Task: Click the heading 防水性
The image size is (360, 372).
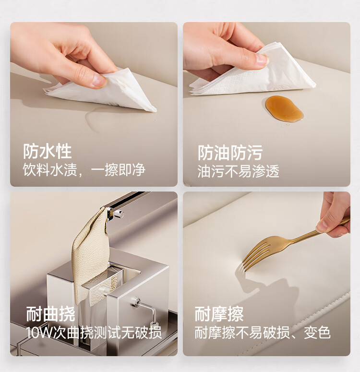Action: coord(47,151)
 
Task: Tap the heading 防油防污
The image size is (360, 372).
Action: coord(230,153)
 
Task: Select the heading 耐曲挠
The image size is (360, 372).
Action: coord(50,314)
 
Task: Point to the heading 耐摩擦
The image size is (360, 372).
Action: coord(219,313)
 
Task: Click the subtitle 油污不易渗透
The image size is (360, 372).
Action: coord(238,171)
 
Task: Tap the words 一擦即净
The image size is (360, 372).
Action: coord(118,169)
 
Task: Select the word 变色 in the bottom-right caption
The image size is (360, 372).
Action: coord(317,332)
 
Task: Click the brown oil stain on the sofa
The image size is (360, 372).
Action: coord(284,109)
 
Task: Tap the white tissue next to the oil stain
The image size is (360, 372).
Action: coord(254,71)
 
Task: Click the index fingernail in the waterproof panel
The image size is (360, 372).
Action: coord(99,81)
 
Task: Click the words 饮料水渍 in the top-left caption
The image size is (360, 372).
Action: coord(50,169)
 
